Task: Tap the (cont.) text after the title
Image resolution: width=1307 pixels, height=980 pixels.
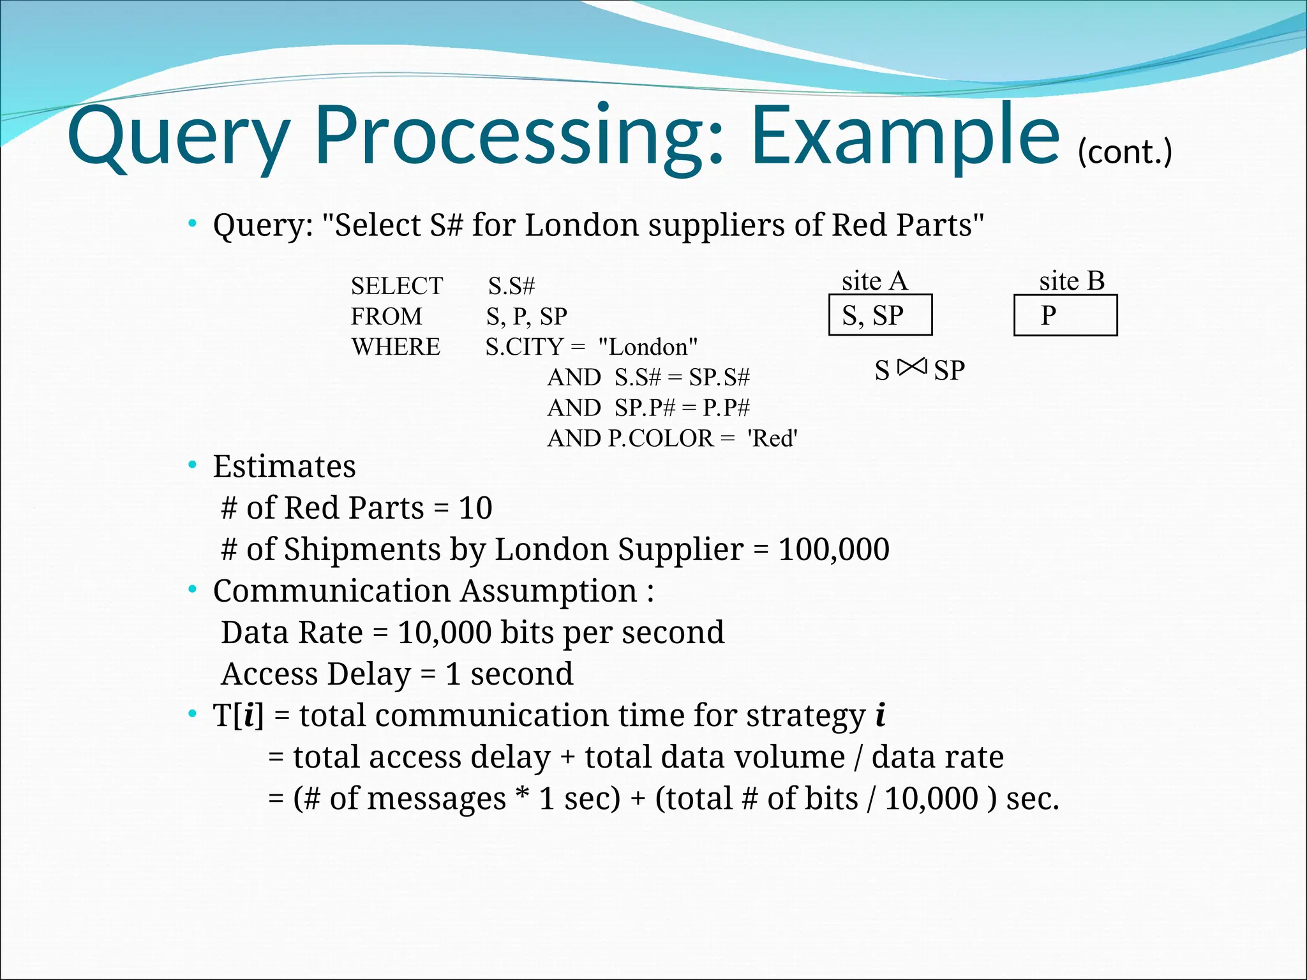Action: [1124, 153]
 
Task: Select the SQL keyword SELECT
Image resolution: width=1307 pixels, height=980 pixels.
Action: [396, 286]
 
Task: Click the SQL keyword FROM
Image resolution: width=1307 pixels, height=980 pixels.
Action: [386, 316]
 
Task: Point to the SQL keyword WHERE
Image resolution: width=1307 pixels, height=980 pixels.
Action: [396, 347]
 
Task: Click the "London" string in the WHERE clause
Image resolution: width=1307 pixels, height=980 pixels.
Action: [648, 347]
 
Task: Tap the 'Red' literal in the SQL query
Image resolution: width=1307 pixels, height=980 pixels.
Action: [772, 438]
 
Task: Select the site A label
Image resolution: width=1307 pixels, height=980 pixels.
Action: [874, 281]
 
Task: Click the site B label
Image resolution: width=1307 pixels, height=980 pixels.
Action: [1072, 281]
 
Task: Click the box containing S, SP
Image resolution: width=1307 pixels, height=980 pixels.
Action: [880, 315]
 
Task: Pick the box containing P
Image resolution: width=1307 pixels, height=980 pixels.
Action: [1065, 315]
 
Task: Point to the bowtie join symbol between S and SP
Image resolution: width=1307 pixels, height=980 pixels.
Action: [911, 367]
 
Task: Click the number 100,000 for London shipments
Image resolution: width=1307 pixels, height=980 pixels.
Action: [833, 549]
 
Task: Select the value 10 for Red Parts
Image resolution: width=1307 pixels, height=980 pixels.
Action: [475, 508]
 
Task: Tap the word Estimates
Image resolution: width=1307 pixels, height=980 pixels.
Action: [284, 466]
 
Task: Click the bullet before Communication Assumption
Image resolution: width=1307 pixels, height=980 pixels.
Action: [192, 590]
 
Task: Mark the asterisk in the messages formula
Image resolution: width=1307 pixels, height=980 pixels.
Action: [523, 797]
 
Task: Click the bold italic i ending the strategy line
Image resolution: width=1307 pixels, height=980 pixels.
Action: [880, 715]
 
